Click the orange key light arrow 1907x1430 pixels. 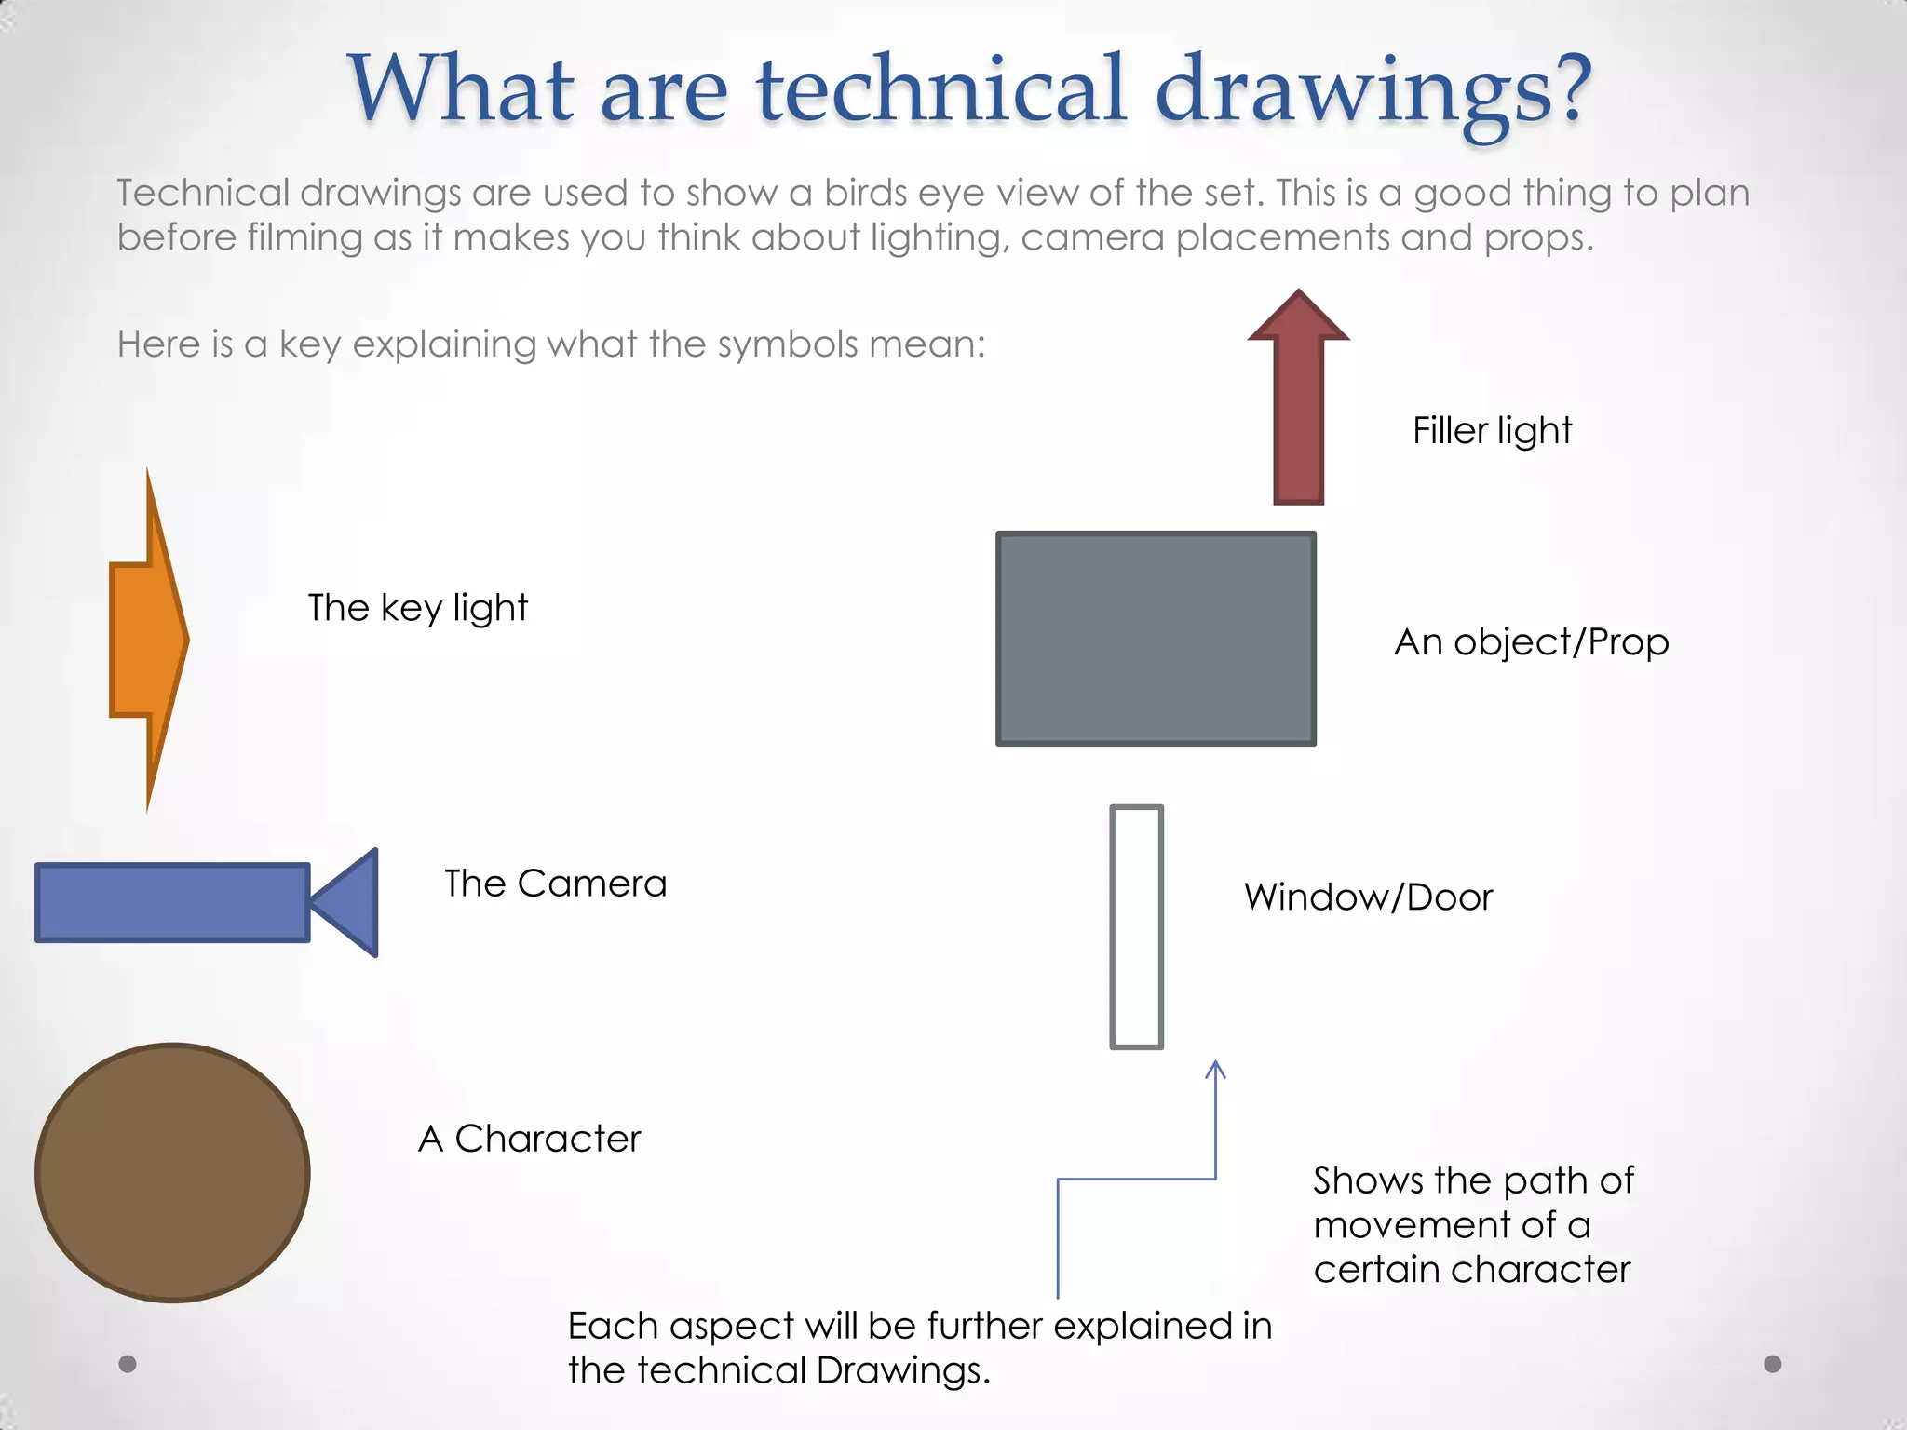(x=147, y=640)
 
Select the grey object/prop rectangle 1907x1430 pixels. (x=1156, y=639)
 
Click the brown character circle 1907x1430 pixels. (x=172, y=1172)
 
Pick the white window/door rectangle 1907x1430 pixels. (x=1136, y=926)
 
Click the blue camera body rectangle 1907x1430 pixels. (x=172, y=902)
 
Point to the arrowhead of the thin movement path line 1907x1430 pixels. (x=1215, y=1069)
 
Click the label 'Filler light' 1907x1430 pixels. (x=1492, y=431)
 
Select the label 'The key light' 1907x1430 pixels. (x=417, y=608)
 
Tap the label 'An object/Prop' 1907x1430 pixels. (x=1531, y=642)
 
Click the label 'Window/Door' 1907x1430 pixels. (x=1368, y=897)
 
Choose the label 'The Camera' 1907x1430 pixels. (x=555, y=884)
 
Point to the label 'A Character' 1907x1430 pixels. (x=530, y=1139)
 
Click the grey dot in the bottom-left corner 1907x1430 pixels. (x=128, y=1364)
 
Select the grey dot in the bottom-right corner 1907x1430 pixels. (x=1773, y=1364)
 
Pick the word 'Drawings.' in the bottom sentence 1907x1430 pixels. (x=903, y=1370)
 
